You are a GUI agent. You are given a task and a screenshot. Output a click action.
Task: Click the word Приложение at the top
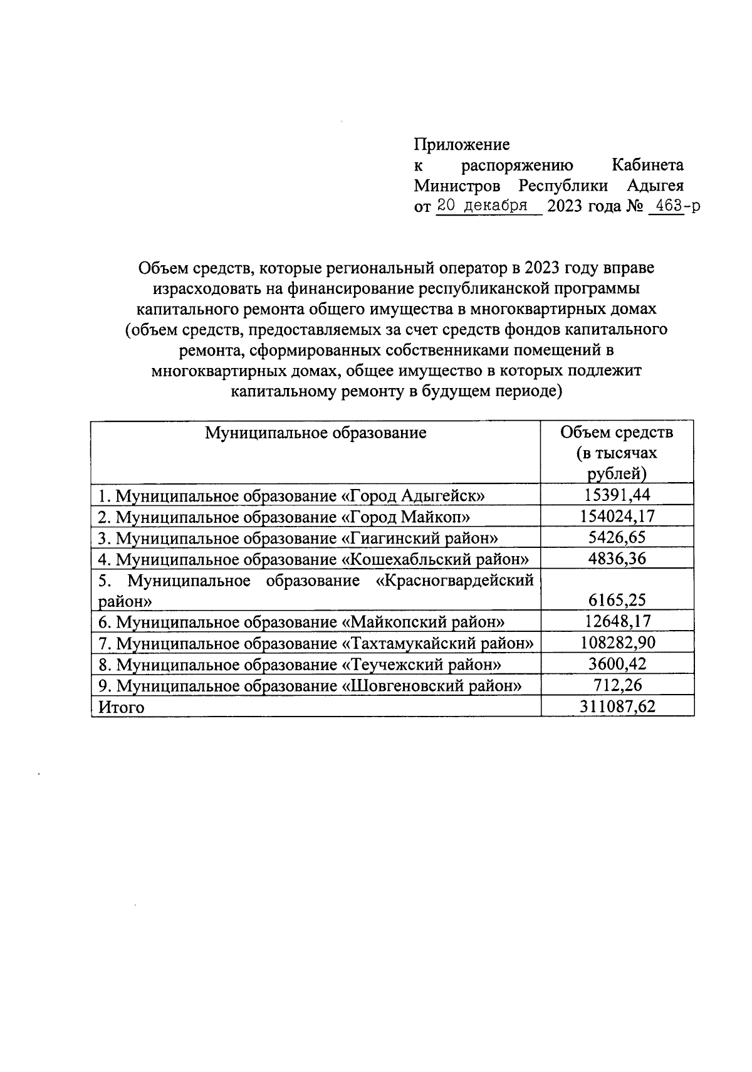(x=461, y=145)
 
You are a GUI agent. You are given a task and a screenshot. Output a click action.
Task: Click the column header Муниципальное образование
(x=316, y=433)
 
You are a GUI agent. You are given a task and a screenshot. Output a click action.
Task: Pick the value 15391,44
(x=617, y=495)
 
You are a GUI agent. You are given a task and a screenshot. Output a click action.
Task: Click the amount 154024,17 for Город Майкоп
(x=617, y=517)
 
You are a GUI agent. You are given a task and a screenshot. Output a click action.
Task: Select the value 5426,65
(x=617, y=538)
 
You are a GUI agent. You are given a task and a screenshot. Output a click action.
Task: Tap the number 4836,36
(x=617, y=559)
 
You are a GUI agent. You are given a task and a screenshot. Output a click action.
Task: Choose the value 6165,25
(x=617, y=601)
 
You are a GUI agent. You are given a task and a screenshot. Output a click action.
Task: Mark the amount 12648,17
(x=617, y=622)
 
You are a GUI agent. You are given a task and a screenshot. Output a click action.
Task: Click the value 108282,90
(x=617, y=643)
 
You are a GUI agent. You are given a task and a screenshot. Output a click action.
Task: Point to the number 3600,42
(x=617, y=665)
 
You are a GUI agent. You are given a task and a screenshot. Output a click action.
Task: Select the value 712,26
(x=617, y=685)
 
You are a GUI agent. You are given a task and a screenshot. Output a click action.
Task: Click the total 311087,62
(x=617, y=707)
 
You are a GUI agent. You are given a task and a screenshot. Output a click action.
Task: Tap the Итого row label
(x=122, y=707)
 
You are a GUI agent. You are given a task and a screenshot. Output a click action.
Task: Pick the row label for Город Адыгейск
(x=292, y=496)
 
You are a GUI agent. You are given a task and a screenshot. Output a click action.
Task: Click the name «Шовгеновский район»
(x=431, y=686)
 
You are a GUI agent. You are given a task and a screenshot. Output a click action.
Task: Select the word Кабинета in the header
(x=647, y=166)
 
